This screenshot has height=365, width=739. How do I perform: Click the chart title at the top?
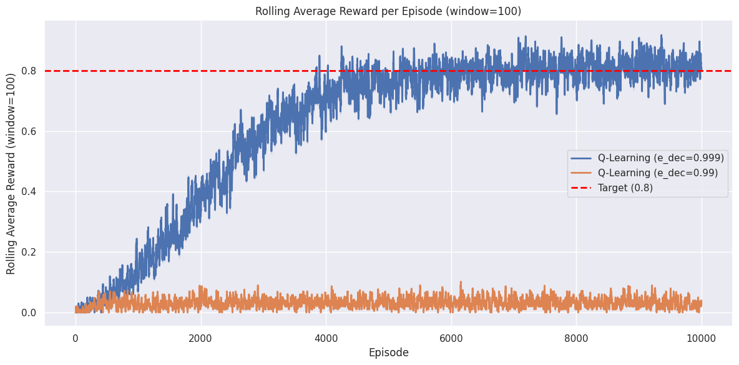coord(388,11)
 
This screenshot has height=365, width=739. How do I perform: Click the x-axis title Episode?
coord(388,352)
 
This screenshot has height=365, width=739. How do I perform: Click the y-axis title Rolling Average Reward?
coord(11,172)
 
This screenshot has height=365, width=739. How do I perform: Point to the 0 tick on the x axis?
coord(76,338)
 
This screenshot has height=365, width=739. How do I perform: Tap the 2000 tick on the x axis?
coord(200,338)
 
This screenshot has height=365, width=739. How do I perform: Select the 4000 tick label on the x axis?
coord(326,338)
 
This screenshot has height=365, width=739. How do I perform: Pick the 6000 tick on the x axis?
coord(451,338)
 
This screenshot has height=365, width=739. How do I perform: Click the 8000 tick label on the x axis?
coord(576,338)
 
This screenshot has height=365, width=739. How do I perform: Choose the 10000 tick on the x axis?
coord(701,338)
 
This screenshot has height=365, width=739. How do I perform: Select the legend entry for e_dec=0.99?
coord(658,172)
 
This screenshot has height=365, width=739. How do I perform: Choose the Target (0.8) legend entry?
coord(625,187)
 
